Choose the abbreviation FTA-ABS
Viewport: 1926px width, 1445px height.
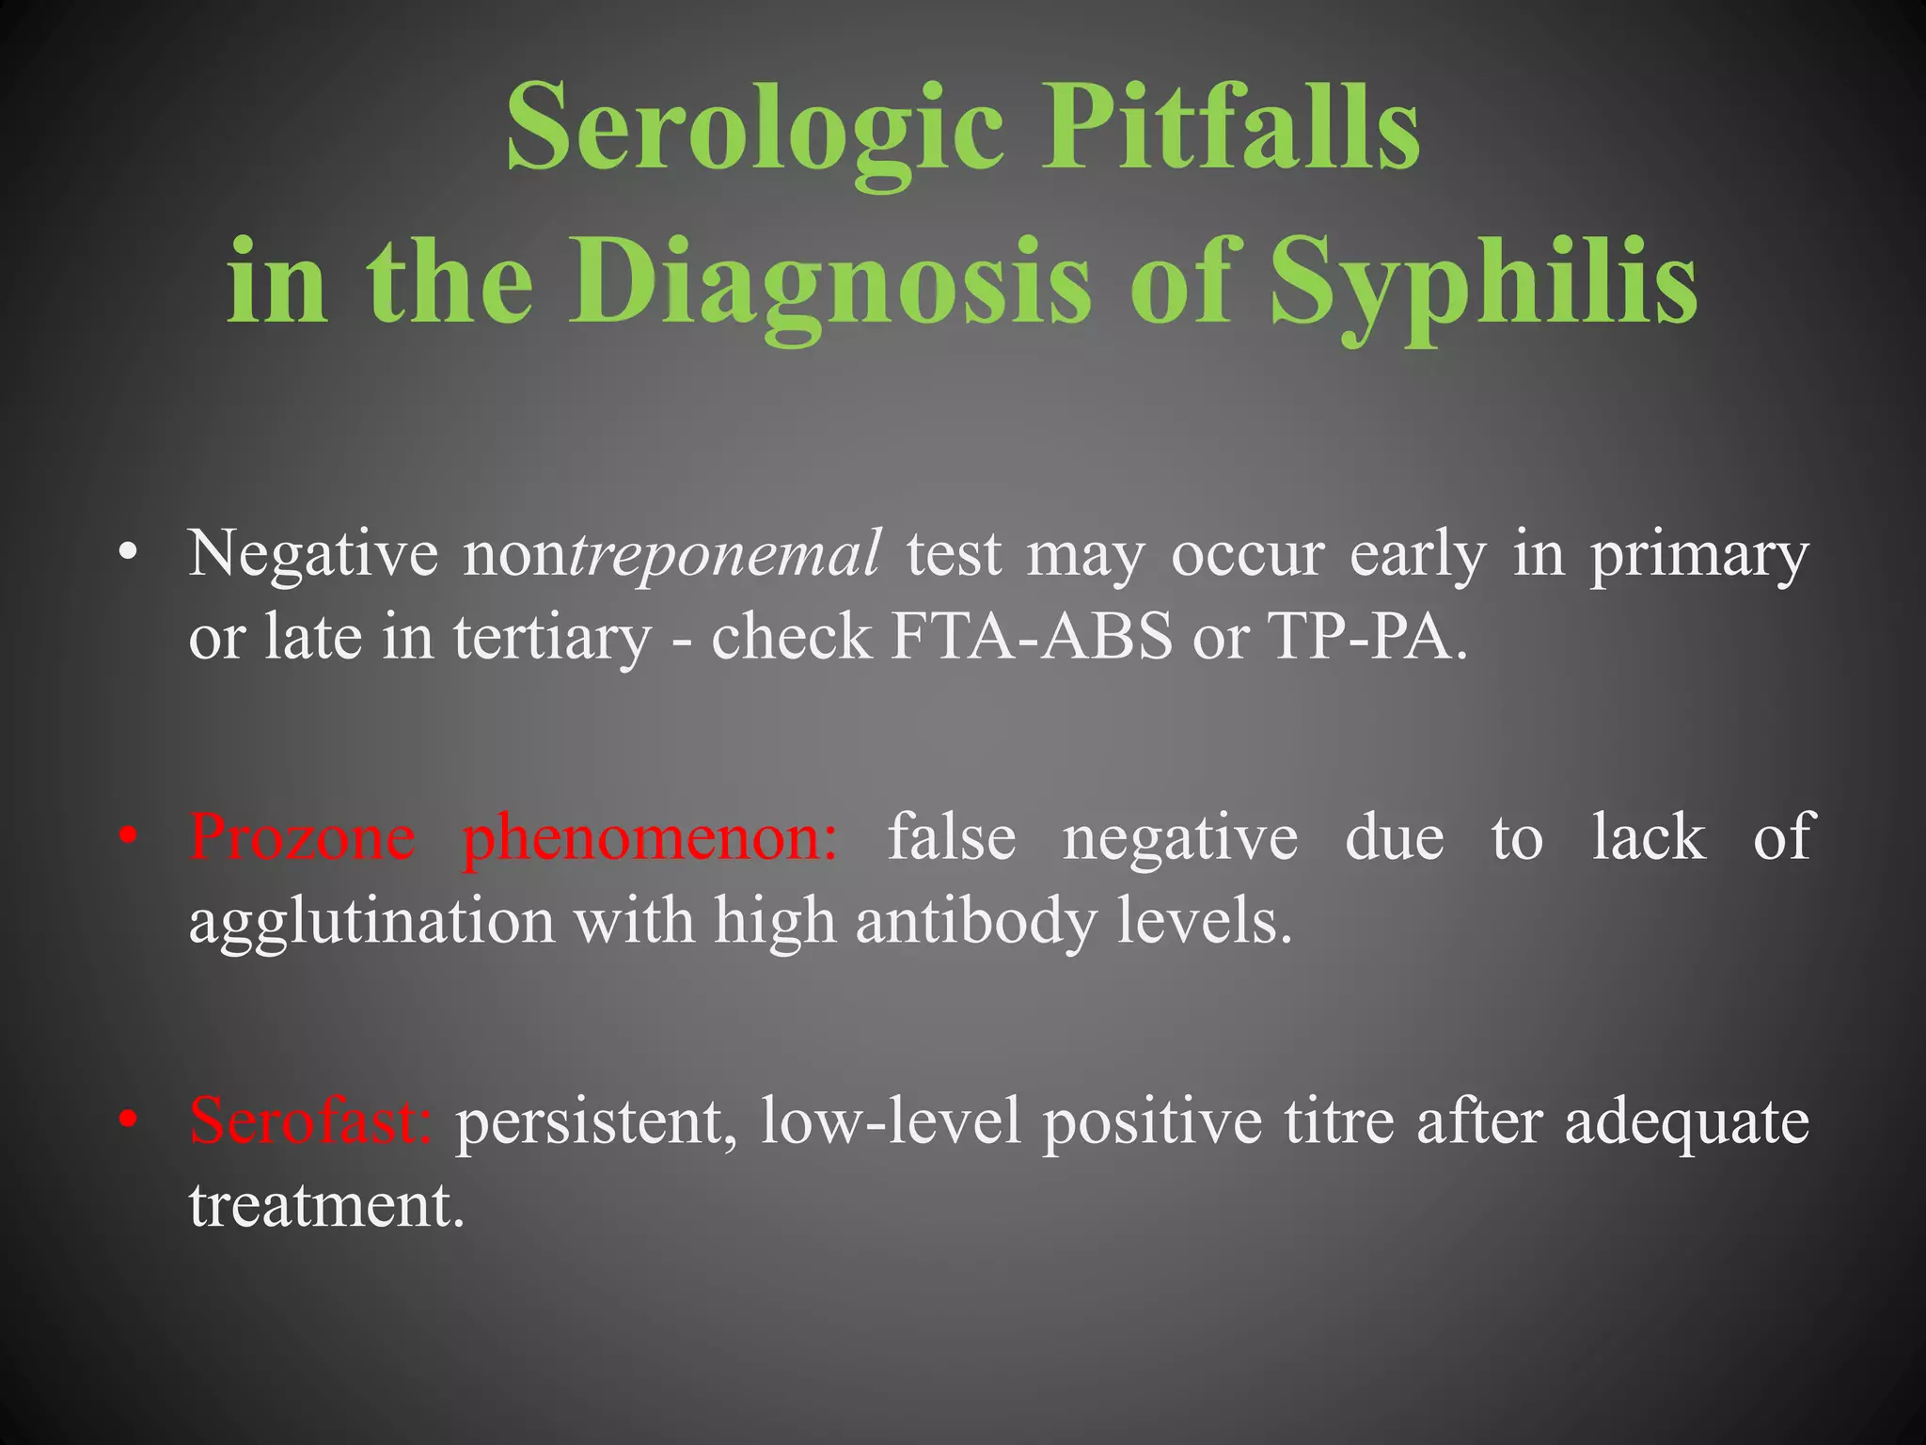[x=1033, y=637]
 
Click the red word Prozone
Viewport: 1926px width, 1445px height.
[x=302, y=836]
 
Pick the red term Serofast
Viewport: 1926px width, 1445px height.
[x=310, y=1120]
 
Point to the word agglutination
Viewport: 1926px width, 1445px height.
[x=372, y=922]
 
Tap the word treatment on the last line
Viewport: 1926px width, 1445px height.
[x=326, y=1205]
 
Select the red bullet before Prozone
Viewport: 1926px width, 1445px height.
[x=129, y=835]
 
